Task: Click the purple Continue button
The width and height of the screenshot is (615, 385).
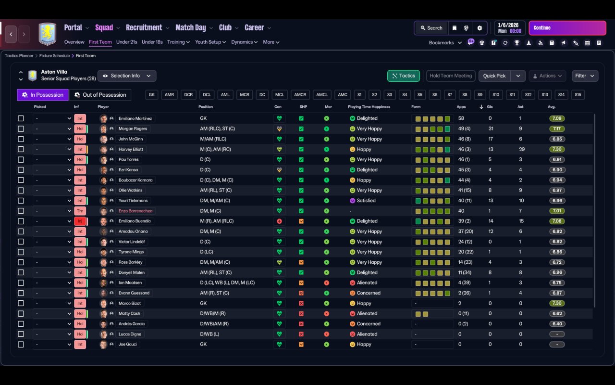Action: (567, 28)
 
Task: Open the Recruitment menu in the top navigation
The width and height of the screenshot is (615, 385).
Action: (144, 28)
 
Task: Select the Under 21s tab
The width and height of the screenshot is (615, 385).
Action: (126, 42)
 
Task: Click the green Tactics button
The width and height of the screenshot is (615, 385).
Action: (403, 76)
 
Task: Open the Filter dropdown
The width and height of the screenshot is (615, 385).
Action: (584, 76)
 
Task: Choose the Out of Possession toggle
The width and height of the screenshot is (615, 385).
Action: (100, 95)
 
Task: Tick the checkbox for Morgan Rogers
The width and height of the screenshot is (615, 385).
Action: (21, 129)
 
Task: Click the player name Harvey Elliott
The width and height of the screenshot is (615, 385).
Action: (131, 149)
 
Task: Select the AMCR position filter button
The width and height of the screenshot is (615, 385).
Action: (300, 95)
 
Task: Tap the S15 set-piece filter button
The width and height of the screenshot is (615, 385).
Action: (578, 95)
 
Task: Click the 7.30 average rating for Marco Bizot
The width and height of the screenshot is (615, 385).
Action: (557, 304)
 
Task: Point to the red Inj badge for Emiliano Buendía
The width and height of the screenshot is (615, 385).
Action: (80, 221)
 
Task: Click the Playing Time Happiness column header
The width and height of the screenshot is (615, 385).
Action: (369, 107)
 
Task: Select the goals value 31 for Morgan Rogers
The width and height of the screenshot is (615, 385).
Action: (491, 129)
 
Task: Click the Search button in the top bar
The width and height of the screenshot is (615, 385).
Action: (430, 28)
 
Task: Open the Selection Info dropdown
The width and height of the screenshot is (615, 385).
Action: (127, 76)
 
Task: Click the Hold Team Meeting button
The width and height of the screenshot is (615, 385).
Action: (450, 76)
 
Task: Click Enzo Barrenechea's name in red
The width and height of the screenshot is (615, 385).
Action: (135, 211)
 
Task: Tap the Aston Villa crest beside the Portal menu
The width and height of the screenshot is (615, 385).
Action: (47, 34)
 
